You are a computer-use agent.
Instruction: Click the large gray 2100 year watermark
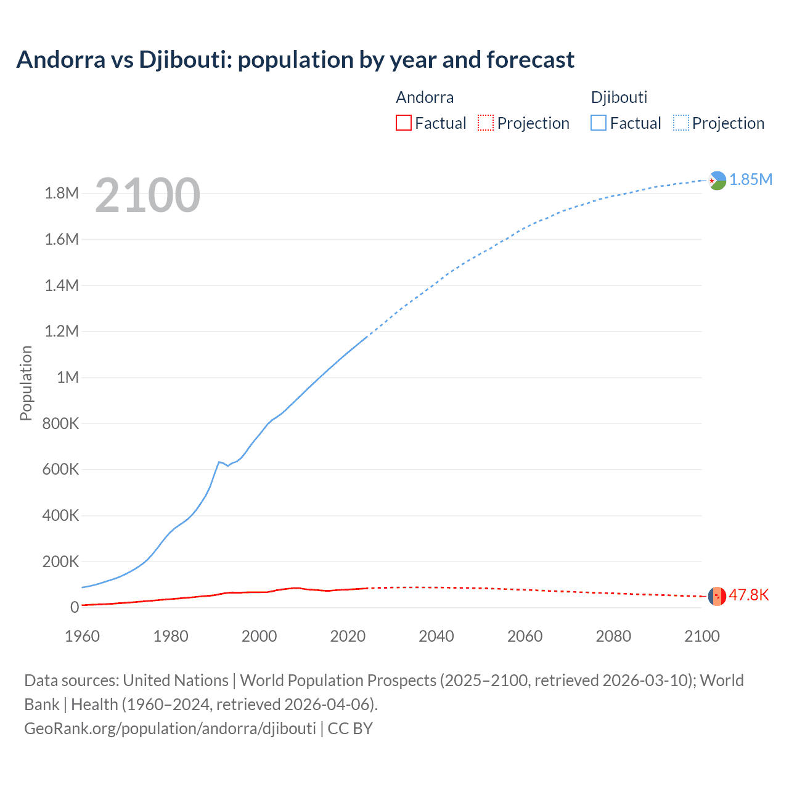point(147,195)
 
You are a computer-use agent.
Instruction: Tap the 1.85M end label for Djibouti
point(750,179)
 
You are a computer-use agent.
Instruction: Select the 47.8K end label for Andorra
point(748,595)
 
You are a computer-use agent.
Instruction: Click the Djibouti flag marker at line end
point(717,181)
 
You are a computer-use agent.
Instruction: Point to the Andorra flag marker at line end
point(716,596)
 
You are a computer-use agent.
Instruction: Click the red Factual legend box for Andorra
point(403,123)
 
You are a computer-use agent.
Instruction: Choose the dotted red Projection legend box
point(486,123)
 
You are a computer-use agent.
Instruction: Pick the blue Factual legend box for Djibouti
point(598,123)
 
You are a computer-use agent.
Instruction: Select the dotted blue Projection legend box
point(681,123)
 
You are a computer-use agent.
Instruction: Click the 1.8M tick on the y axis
point(62,194)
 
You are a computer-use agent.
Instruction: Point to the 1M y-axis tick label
point(67,377)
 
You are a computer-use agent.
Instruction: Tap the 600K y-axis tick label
point(60,469)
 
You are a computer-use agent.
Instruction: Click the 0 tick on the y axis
point(75,607)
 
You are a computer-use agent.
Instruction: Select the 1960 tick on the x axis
point(82,636)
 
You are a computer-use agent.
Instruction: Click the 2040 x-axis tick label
point(436,636)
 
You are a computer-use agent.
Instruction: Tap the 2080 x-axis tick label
point(613,636)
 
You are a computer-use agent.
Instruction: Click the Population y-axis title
point(26,383)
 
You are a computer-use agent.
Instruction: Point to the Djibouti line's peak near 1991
point(219,462)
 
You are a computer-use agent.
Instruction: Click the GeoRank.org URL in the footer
point(170,728)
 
